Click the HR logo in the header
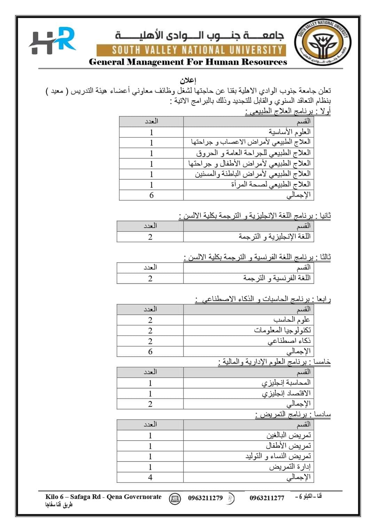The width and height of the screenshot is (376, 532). tap(52, 41)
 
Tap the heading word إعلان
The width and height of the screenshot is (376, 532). tap(188, 81)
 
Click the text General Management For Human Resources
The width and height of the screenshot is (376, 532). tap(188, 62)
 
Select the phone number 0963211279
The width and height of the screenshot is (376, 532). tap(205, 498)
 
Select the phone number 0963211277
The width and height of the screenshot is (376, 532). tap(267, 498)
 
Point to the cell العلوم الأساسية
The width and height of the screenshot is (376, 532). tap(289, 132)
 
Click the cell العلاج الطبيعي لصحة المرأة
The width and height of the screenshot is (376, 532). tap(271, 184)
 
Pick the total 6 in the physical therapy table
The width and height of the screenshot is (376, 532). tap(151, 195)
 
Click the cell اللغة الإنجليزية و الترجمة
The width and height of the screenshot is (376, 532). tap(274, 237)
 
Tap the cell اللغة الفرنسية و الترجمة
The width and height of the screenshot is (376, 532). tap(276, 278)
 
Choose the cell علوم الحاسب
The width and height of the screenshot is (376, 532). tap(292, 320)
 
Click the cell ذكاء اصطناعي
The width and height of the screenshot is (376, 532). tap(289, 341)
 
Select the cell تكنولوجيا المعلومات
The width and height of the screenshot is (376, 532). tap(282, 330)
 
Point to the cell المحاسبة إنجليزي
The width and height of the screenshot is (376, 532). tap(286, 383)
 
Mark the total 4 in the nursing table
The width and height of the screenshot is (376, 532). tap(150, 477)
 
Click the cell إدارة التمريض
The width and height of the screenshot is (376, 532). tap(290, 467)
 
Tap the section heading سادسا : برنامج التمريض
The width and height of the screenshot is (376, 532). tap(293, 415)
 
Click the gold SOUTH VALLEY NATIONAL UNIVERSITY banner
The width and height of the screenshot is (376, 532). tap(191, 50)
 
